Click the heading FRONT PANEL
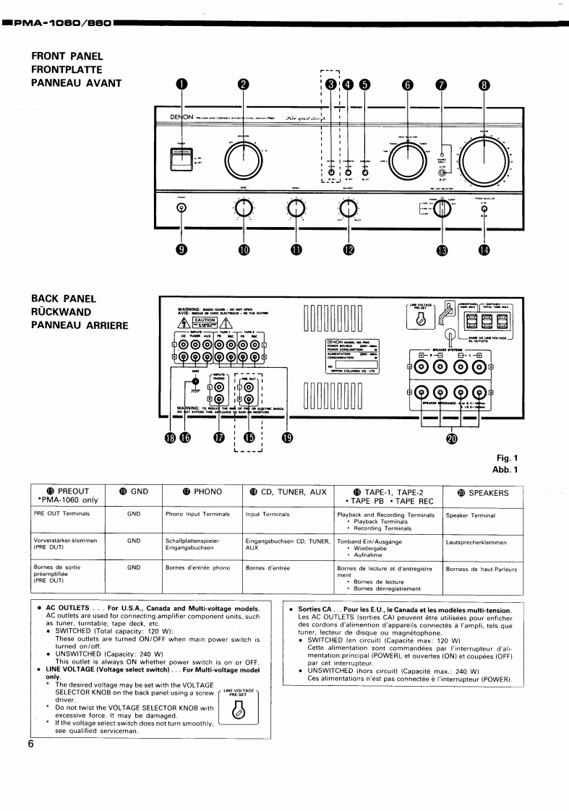(x=67, y=56)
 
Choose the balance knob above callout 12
(x=350, y=209)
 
